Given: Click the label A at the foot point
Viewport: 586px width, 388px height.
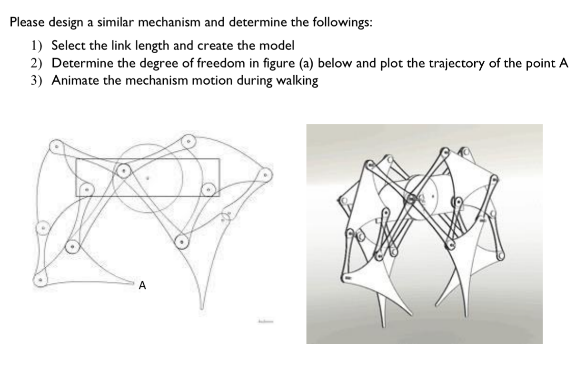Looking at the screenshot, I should point(142,286).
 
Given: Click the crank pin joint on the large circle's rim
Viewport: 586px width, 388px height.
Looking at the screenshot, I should point(124,170).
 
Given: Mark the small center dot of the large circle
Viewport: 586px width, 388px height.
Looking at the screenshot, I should point(148,179).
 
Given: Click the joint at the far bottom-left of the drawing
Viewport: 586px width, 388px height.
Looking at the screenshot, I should point(41,281).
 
